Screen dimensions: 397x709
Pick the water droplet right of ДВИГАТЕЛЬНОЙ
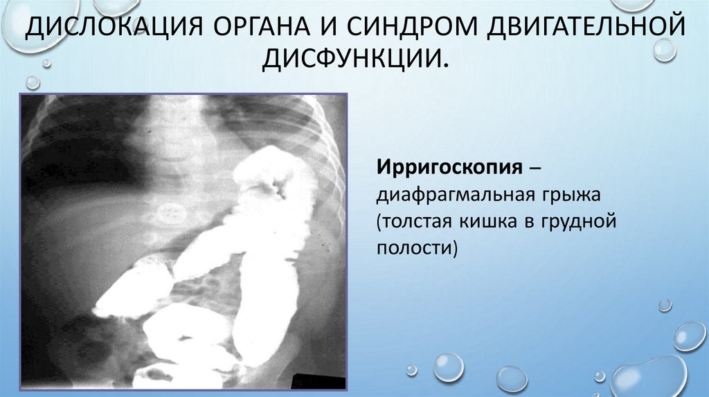click(665, 49)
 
